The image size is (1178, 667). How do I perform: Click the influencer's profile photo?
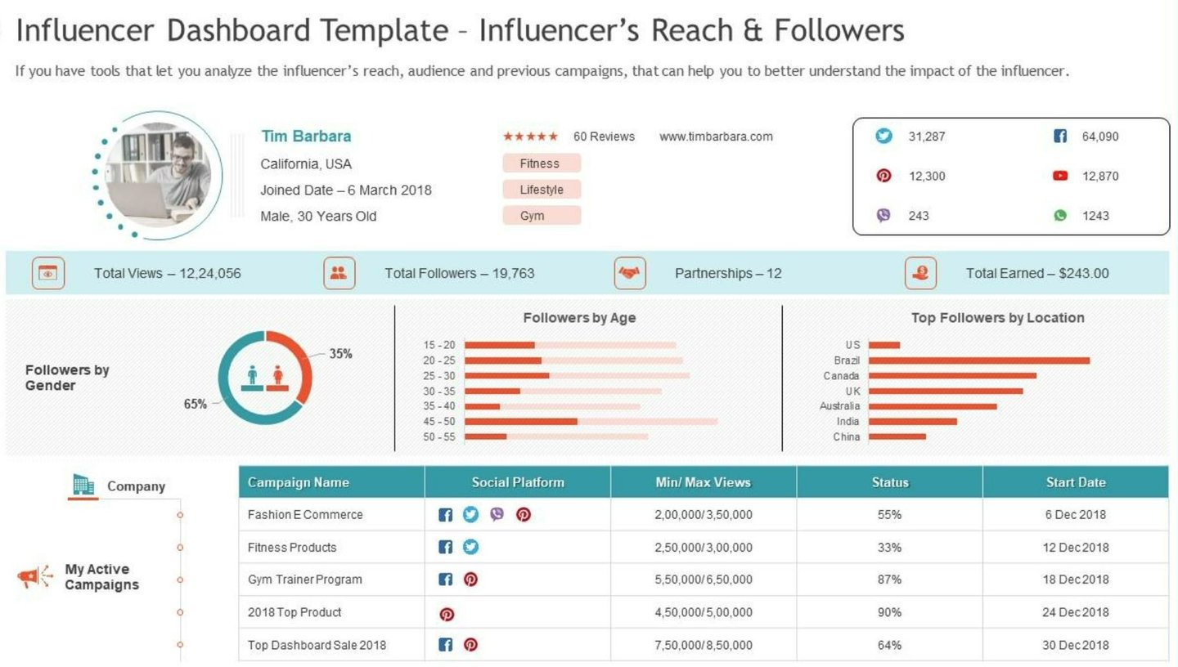pyautogui.click(x=158, y=175)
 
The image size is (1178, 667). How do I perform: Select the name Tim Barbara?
pyautogui.click(x=306, y=137)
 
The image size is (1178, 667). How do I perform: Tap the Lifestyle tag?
pyautogui.click(x=542, y=190)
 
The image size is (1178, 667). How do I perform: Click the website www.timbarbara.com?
pyautogui.click(x=716, y=137)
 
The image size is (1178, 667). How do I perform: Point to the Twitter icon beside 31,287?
pyautogui.click(x=883, y=137)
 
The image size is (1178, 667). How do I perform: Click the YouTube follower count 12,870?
pyautogui.click(x=1099, y=176)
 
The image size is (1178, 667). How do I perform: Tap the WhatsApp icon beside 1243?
pyautogui.click(x=1060, y=216)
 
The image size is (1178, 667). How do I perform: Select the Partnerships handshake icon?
pyautogui.click(x=629, y=273)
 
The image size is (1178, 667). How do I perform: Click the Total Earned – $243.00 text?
pyautogui.click(x=1036, y=273)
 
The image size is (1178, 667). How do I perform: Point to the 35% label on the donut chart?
pyautogui.click(x=340, y=354)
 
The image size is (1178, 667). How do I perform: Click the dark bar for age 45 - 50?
pyautogui.click(x=520, y=422)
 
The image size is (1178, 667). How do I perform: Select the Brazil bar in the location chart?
pyautogui.click(x=978, y=360)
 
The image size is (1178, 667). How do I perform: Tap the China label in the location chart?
pyautogui.click(x=846, y=436)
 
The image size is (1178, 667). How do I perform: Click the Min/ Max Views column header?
pyautogui.click(x=703, y=482)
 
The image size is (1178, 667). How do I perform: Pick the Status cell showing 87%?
pyautogui.click(x=889, y=580)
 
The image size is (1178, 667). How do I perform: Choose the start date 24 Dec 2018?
pyautogui.click(x=1075, y=612)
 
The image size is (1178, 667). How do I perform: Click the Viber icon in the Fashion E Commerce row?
pyautogui.click(x=497, y=514)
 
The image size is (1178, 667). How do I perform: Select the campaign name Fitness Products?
pyautogui.click(x=292, y=547)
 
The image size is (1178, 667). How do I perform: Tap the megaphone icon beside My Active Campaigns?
pyautogui.click(x=34, y=578)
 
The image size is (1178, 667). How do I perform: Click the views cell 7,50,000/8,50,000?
pyautogui.click(x=703, y=645)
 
